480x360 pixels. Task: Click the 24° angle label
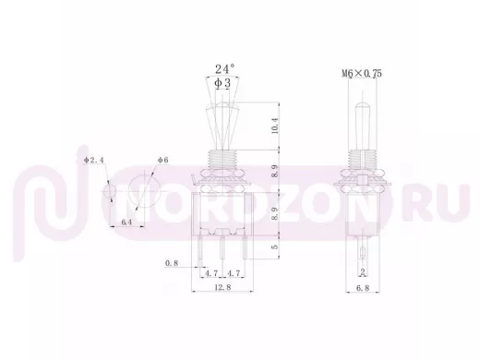pos(225,68)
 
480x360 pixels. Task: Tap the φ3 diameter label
pos(222,83)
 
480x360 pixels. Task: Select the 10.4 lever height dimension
pos(275,126)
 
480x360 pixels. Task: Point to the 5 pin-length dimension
pos(275,246)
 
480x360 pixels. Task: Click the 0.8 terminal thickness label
pos(172,263)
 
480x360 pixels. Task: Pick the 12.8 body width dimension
pos(222,287)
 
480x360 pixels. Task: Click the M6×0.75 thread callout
pos(362,73)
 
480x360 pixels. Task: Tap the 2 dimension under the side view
pos(363,272)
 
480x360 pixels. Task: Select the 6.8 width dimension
pos(363,288)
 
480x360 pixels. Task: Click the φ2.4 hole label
pos(94,160)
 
